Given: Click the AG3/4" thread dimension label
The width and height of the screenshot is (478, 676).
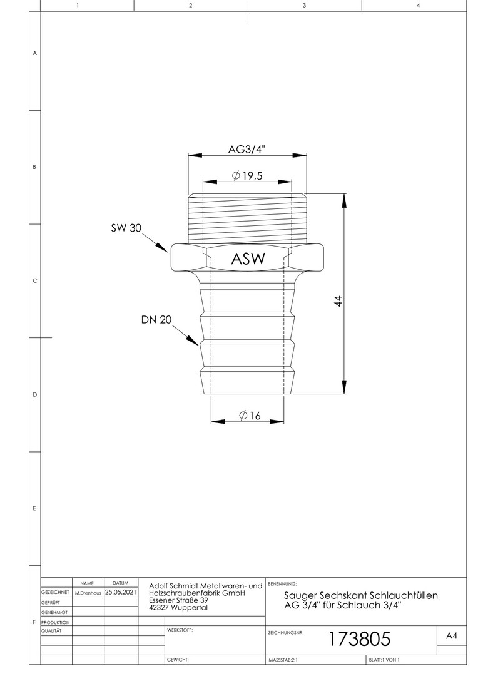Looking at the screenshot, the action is [x=247, y=150].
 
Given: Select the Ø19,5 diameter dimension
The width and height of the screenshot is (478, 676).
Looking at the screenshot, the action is [x=247, y=175].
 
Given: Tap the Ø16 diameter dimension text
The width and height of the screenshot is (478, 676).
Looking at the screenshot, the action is [x=250, y=415].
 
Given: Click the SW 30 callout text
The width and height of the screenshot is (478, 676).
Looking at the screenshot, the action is [x=126, y=228].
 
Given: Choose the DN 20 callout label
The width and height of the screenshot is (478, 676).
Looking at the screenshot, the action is [x=156, y=319].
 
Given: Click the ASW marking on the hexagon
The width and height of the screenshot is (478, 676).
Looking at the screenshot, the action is [x=248, y=259].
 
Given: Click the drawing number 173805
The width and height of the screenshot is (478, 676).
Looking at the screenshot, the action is [x=360, y=638].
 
